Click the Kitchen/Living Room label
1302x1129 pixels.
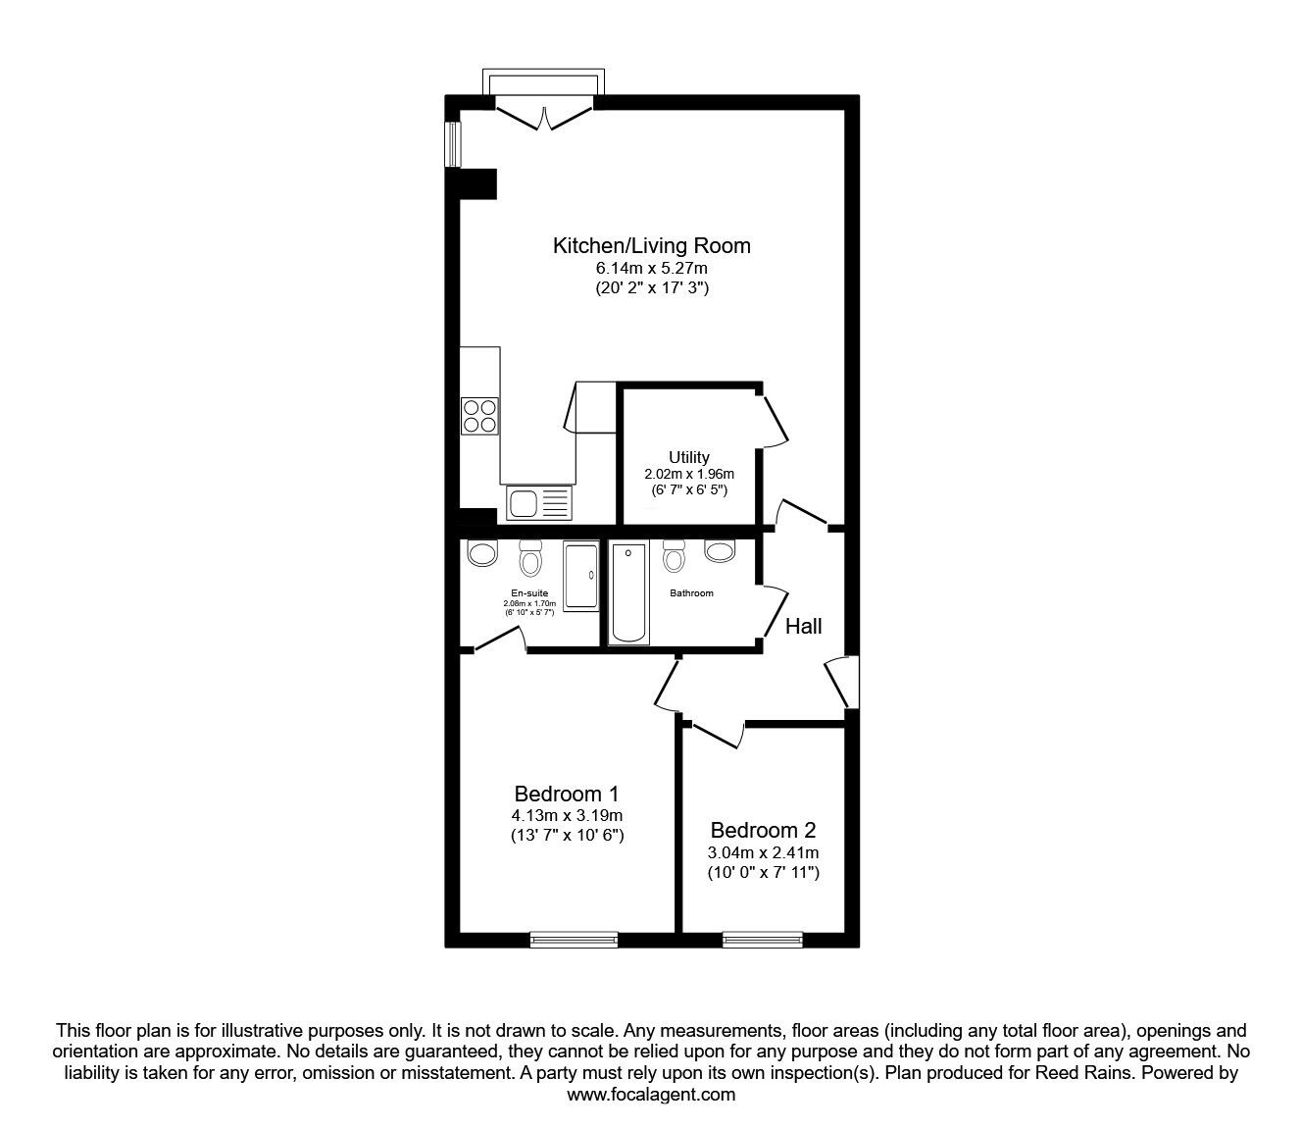pyautogui.click(x=651, y=245)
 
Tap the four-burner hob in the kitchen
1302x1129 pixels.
pyautogui.click(x=479, y=415)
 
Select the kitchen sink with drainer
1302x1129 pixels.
pyautogui.click(x=538, y=503)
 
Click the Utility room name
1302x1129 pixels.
pyautogui.click(x=688, y=457)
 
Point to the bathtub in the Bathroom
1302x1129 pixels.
pyautogui.click(x=627, y=592)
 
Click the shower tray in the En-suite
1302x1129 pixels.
pyautogui.click(x=580, y=577)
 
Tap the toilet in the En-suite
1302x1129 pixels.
pyautogui.click(x=530, y=559)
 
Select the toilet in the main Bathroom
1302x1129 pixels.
pyautogui.click(x=674, y=557)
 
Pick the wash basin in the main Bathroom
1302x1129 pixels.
pyautogui.click(x=719, y=551)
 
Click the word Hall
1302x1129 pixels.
pyautogui.click(x=803, y=626)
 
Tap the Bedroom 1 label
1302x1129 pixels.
pyautogui.click(x=567, y=793)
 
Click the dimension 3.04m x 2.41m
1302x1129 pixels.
pyautogui.click(x=764, y=852)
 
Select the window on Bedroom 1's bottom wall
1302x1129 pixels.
pyautogui.click(x=574, y=940)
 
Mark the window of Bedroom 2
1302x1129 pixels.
pyautogui.click(x=762, y=940)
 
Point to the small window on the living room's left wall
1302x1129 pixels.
pyautogui.click(x=452, y=144)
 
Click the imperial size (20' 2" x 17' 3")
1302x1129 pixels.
pyautogui.click(x=651, y=288)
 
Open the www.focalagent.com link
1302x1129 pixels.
pyautogui.click(x=651, y=1095)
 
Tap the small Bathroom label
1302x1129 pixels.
pyautogui.click(x=691, y=593)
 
